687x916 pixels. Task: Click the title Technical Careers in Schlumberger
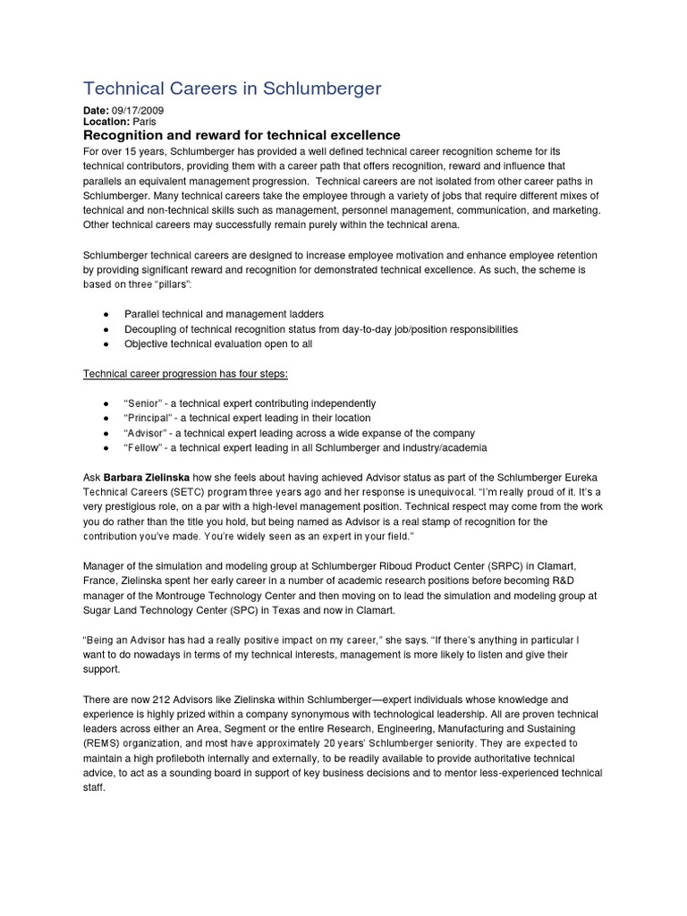click(x=232, y=88)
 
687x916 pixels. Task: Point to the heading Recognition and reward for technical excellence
click(x=242, y=135)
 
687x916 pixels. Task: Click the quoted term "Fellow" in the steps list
click(x=142, y=447)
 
